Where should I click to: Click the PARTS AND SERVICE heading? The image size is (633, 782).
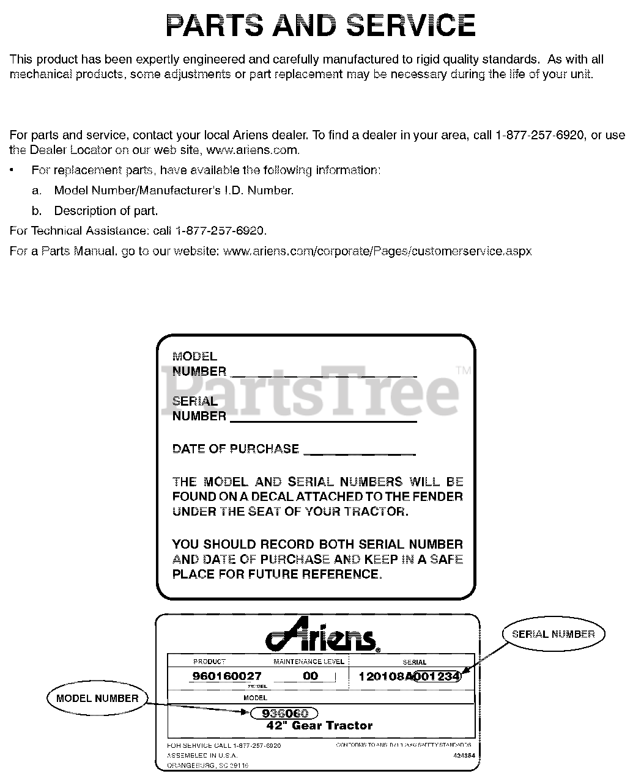point(320,26)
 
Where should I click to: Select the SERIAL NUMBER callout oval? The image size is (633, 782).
point(553,634)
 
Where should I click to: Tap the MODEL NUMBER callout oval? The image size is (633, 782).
point(97,699)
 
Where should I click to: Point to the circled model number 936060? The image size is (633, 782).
point(284,714)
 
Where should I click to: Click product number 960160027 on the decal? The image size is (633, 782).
point(226,676)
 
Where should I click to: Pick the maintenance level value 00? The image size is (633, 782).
point(311,676)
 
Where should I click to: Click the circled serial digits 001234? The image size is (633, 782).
point(437,676)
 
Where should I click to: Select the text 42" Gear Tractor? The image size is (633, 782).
point(319,726)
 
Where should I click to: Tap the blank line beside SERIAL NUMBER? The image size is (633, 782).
point(323,420)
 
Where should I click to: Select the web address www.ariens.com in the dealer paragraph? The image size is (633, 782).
point(253,150)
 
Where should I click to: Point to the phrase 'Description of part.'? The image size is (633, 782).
point(106,211)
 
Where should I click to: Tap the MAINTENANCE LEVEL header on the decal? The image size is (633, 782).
point(308,662)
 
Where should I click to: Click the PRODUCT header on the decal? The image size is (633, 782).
point(209,662)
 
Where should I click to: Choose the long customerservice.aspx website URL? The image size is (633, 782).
point(378,251)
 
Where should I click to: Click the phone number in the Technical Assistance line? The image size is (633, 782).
point(220,231)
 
